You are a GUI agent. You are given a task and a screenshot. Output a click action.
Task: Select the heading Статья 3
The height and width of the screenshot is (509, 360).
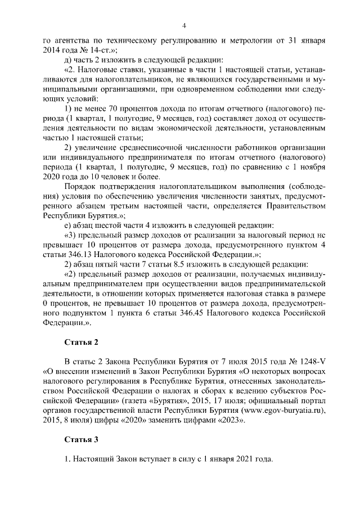(x=82, y=439)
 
